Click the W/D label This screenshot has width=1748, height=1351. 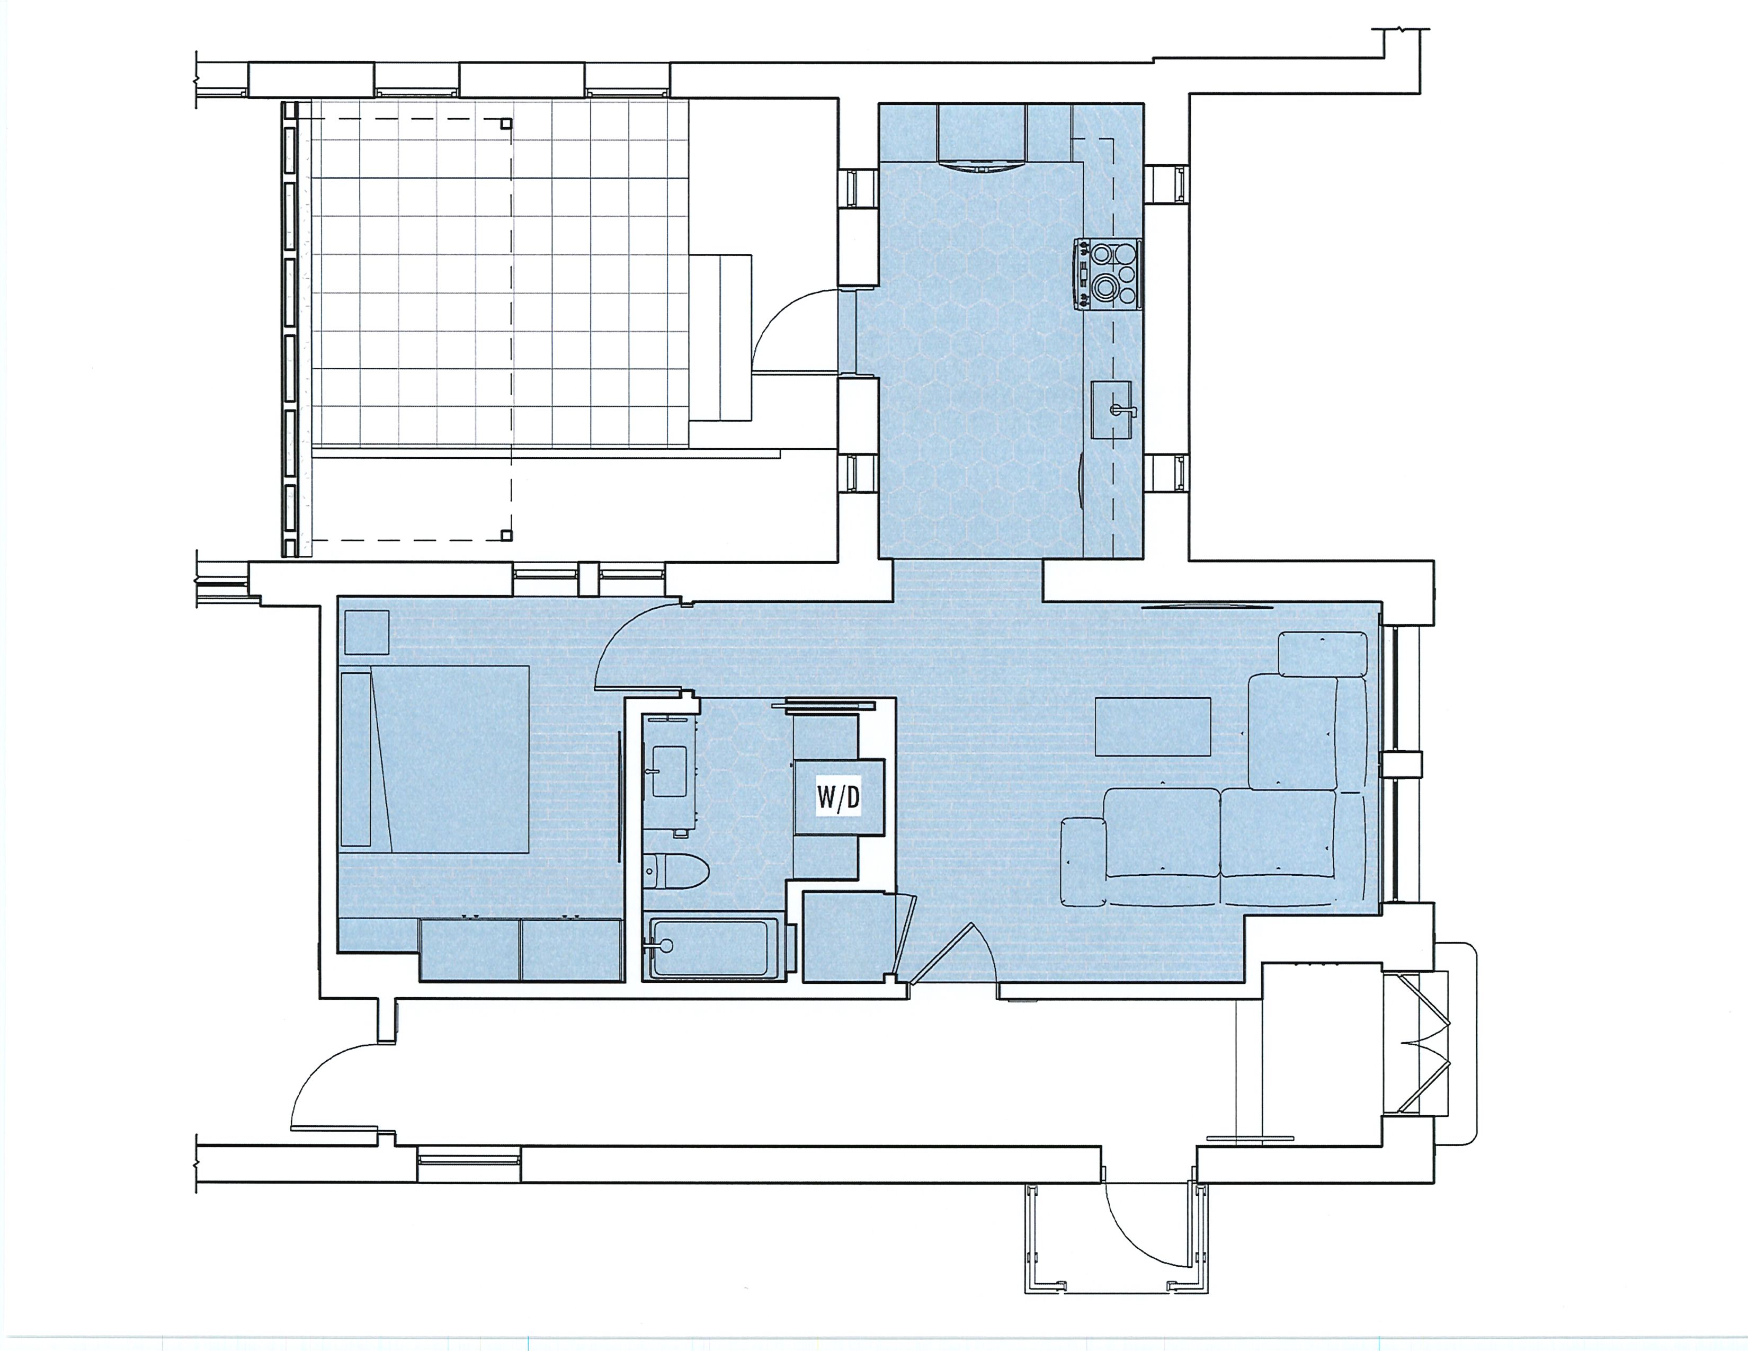(x=838, y=797)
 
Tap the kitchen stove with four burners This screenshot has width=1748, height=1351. (x=1107, y=274)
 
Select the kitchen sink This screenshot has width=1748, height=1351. (x=1112, y=410)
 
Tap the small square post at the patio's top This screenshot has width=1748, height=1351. (x=506, y=123)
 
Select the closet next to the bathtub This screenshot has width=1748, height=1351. (x=849, y=936)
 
